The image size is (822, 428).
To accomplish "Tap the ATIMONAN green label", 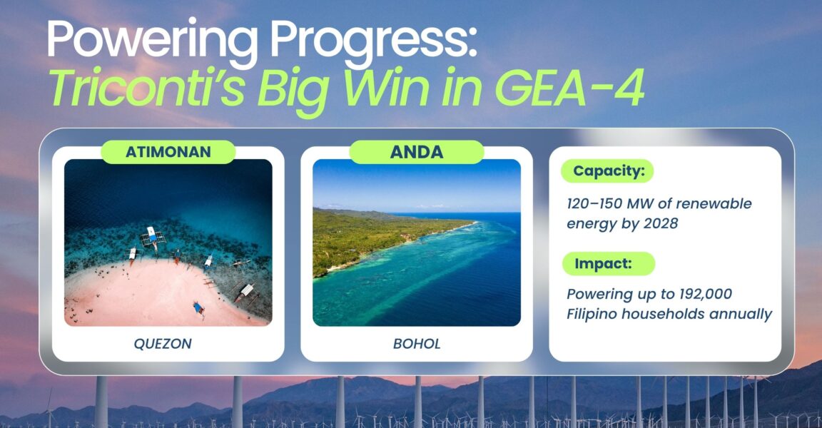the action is click(168, 152).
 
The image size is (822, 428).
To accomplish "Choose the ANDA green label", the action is click(417, 152).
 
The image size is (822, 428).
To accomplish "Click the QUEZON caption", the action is click(163, 344).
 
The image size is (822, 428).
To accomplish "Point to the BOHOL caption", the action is click(417, 344).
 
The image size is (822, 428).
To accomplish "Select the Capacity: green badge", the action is click(607, 170).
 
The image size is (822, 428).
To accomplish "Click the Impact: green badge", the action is click(608, 263).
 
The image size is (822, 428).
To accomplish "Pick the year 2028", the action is click(661, 223).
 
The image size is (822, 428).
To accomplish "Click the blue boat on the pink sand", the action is click(198, 309).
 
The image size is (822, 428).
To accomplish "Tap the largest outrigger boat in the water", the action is click(153, 238).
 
